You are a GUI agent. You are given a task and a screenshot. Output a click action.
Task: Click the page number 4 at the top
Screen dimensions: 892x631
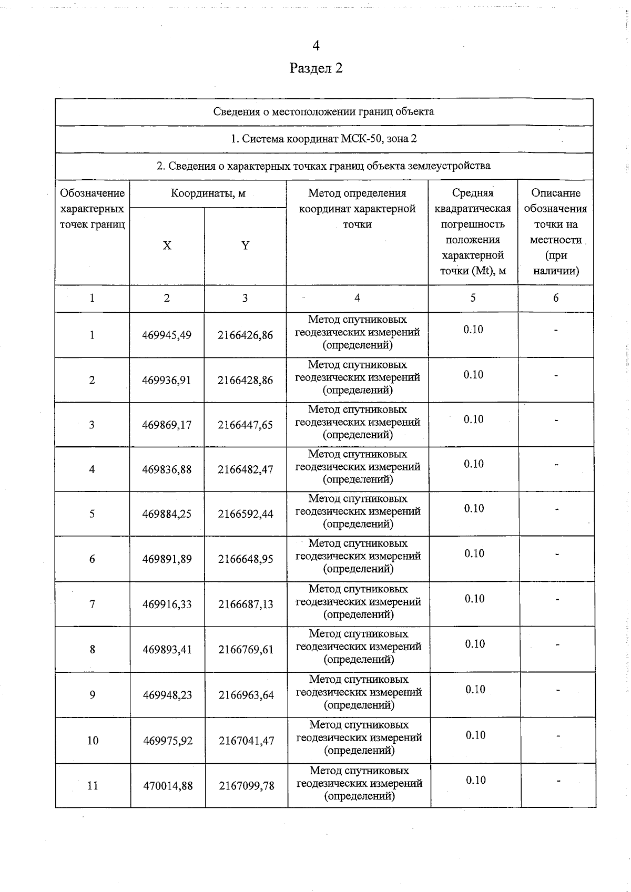(316, 46)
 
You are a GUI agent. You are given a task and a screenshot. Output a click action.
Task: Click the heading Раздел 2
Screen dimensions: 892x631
(316, 68)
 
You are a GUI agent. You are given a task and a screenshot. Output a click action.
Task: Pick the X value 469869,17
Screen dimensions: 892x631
(167, 425)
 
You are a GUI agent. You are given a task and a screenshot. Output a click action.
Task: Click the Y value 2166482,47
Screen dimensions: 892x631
(246, 469)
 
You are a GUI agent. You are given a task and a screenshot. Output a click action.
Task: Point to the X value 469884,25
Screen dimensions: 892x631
(167, 514)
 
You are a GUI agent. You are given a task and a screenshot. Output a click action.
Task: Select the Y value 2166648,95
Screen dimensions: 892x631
(246, 559)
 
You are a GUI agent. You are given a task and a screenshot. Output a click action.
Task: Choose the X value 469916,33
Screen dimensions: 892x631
(167, 604)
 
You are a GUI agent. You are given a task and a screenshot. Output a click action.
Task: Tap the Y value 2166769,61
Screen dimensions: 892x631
(246, 650)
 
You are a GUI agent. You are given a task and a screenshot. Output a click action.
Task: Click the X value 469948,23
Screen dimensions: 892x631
(168, 695)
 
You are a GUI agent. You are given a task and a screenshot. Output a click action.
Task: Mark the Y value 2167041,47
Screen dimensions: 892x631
(247, 741)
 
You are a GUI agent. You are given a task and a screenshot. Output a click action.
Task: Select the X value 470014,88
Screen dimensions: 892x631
(168, 786)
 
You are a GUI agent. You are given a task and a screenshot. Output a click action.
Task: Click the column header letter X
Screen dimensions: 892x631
(167, 245)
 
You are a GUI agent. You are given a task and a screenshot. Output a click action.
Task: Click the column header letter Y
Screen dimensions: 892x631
(245, 245)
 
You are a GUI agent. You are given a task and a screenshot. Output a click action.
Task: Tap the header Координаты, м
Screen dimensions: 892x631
(208, 193)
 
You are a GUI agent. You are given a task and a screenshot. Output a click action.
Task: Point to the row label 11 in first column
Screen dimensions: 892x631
(93, 786)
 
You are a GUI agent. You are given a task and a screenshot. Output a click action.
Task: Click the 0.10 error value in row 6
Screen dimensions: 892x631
(474, 553)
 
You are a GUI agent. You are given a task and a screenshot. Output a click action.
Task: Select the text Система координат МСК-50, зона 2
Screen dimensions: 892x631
(324, 139)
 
